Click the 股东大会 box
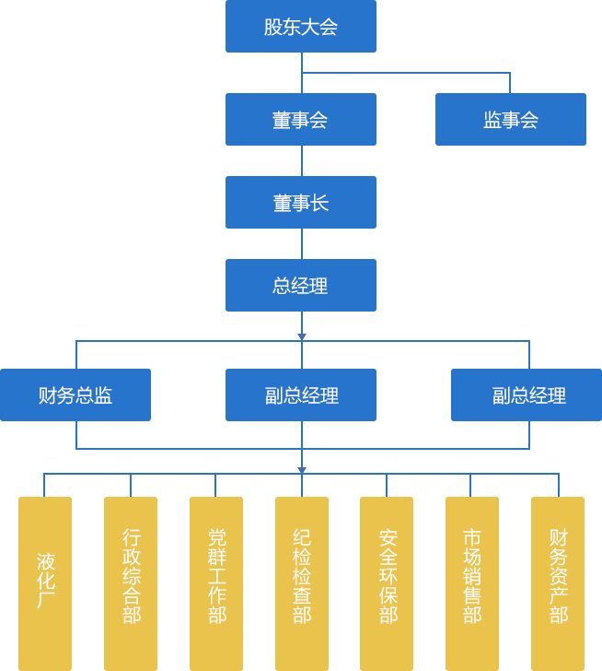coord(301,27)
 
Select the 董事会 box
coord(301,120)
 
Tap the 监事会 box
coord(511,120)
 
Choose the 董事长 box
coord(301,203)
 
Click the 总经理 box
coord(301,286)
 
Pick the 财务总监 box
coord(75,395)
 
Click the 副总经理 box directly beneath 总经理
coord(301,395)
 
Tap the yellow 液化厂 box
coord(45,583)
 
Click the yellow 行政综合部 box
coord(131,583)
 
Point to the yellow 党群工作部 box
coord(216,583)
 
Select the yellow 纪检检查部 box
coord(302,583)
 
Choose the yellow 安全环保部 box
coord(387,583)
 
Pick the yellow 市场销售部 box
coord(472,583)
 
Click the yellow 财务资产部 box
coord(558,583)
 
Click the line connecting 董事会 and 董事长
coord(302,160)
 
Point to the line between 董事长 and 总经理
coord(302,243)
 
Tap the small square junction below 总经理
coord(301,336)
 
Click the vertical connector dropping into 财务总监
coord(76,355)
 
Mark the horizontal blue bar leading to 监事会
coord(406,82)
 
